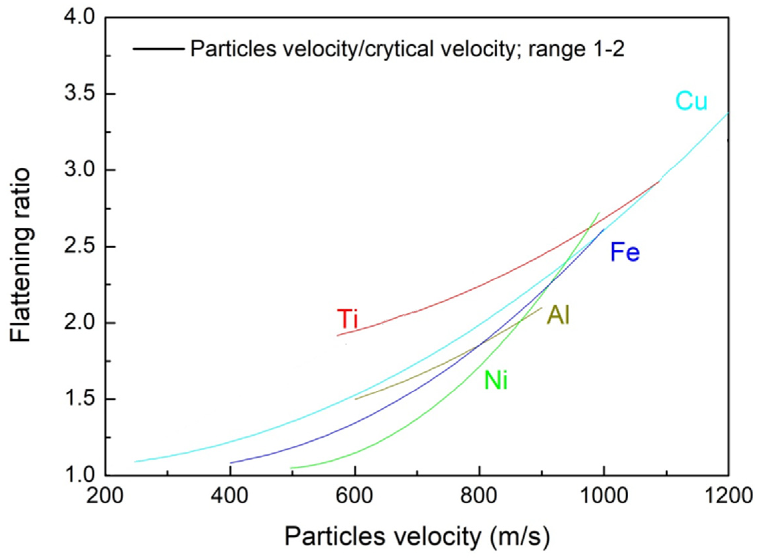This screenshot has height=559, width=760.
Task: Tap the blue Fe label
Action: (x=625, y=253)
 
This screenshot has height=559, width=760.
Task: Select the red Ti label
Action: (x=347, y=319)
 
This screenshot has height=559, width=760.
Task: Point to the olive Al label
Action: (x=558, y=315)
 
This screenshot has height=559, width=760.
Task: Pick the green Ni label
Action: (x=496, y=380)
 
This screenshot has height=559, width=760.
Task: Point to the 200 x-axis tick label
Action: (x=105, y=496)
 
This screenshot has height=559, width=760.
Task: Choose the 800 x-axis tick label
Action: (x=479, y=496)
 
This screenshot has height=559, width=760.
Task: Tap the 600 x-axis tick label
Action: (x=354, y=496)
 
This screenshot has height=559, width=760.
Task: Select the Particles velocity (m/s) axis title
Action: (x=417, y=536)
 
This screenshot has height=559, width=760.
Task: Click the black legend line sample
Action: (x=159, y=49)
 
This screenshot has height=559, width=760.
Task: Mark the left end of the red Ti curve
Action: (x=337, y=335)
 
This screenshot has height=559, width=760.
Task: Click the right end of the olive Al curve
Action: (x=542, y=308)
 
